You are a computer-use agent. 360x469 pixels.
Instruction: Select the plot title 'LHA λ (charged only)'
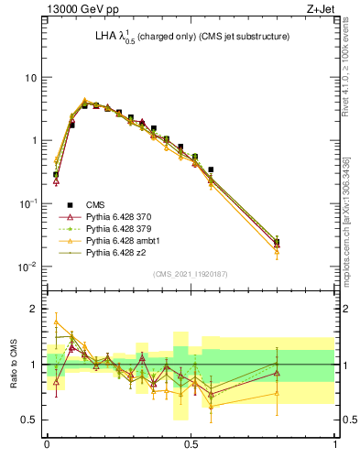(x=137, y=37)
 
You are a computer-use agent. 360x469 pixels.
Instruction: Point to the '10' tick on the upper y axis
(x=31, y=78)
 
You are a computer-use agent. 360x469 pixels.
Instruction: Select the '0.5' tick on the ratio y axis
(x=31, y=420)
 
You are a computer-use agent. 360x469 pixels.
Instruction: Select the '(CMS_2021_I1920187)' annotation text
(x=191, y=273)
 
